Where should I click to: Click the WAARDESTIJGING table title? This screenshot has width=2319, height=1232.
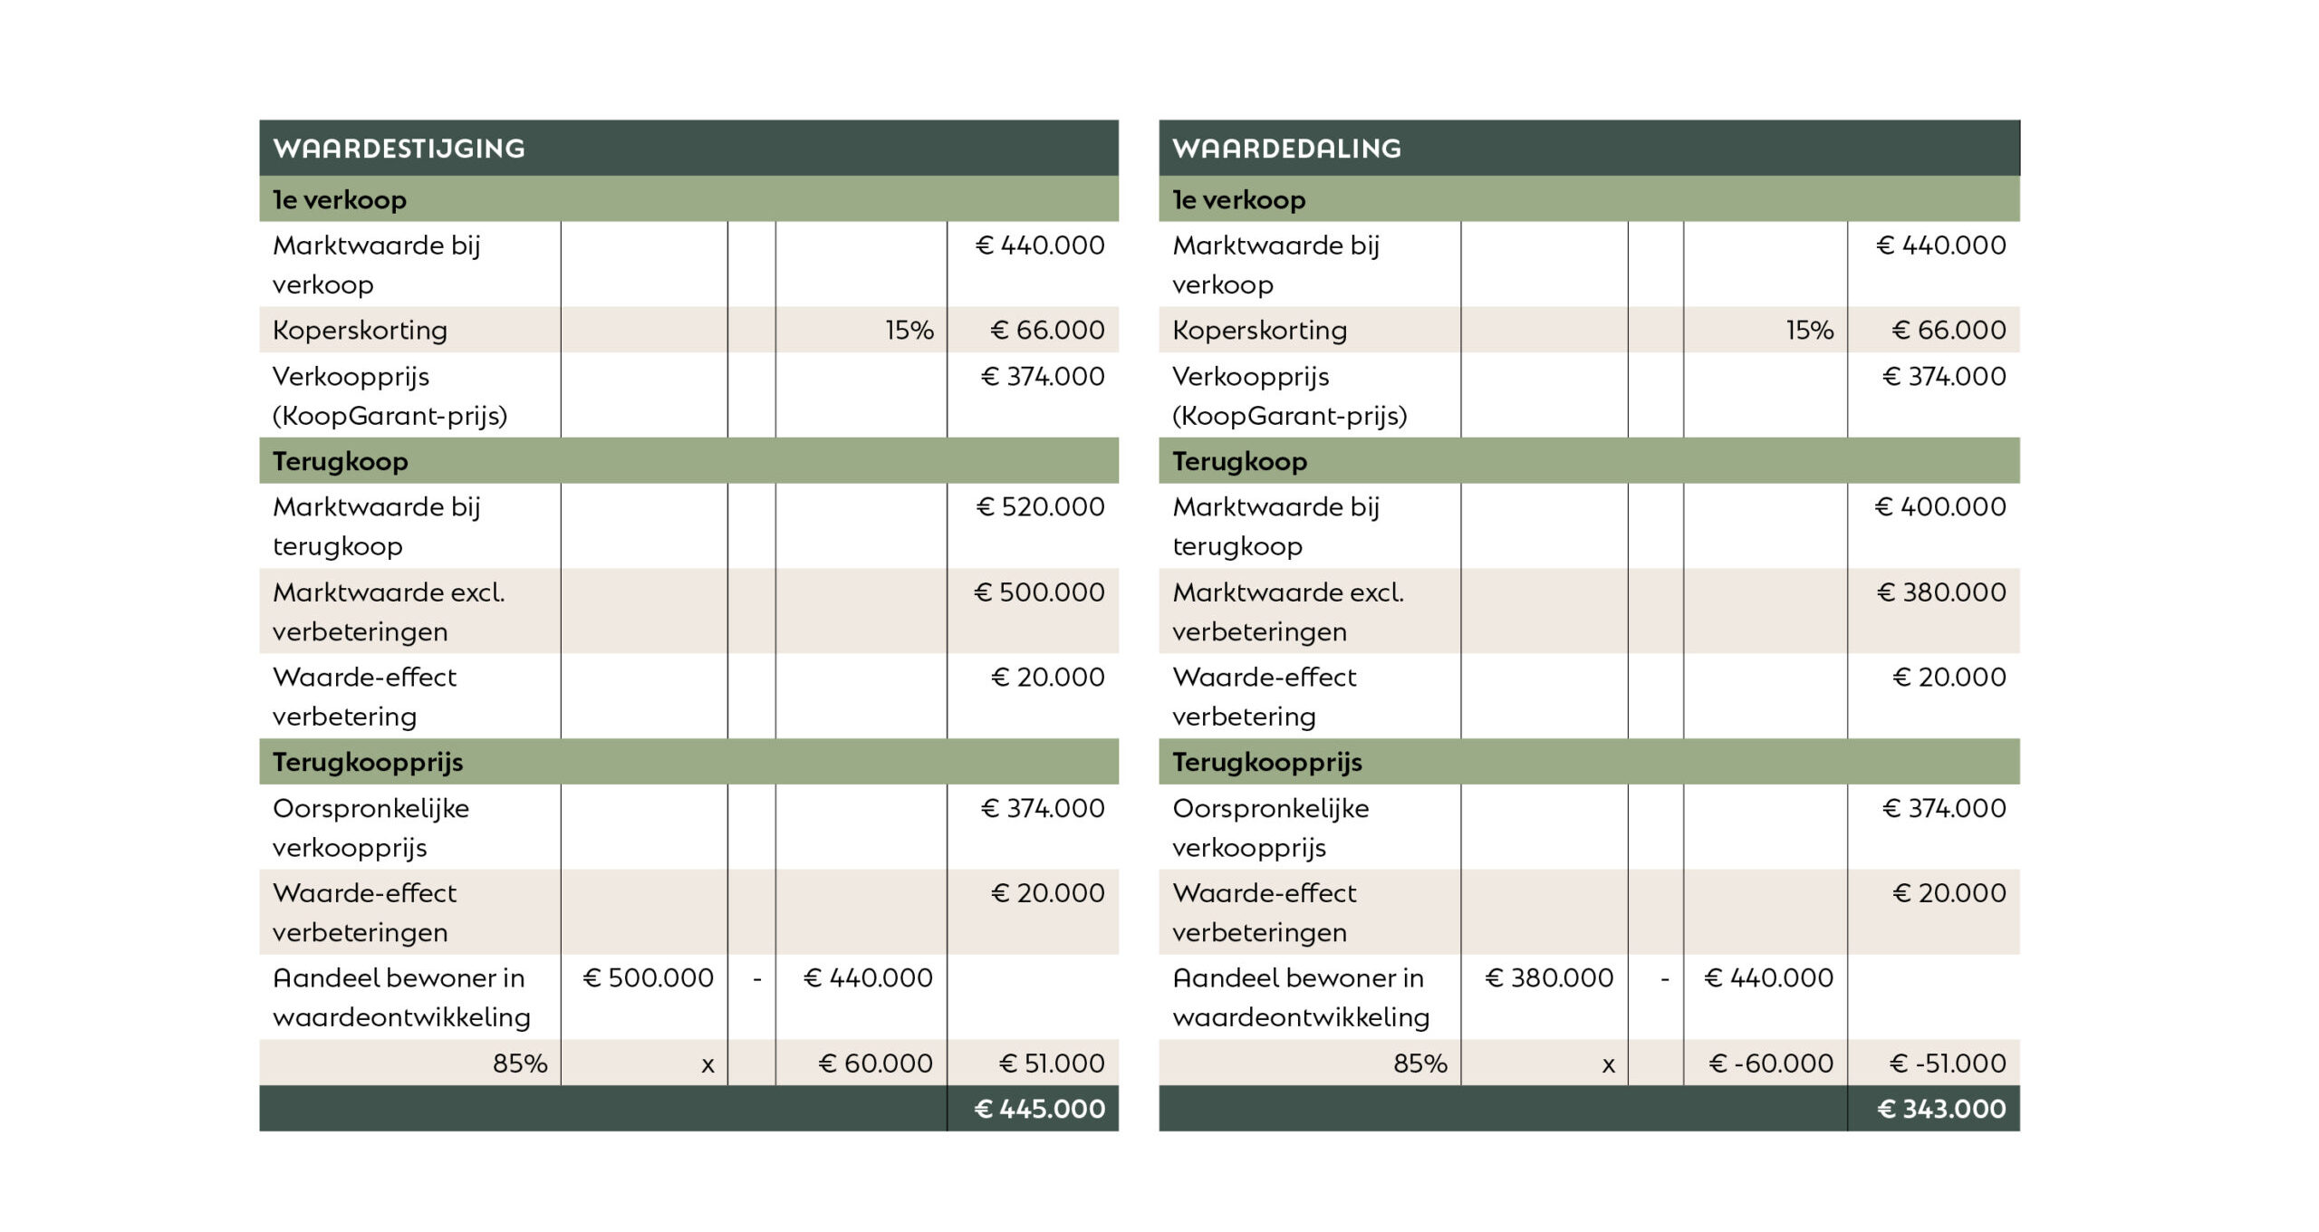(x=399, y=149)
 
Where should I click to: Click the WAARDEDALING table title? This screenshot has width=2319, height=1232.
(x=1286, y=149)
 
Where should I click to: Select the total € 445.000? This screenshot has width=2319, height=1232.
(x=1039, y=1109)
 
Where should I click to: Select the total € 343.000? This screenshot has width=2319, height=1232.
(x=1941, y=1109)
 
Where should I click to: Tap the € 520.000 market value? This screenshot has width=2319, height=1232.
(x=1040, y=507)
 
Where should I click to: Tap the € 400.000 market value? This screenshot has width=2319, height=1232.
(x=1940, y=507)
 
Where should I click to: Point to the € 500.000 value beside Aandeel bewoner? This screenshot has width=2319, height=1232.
(x=648, y=978)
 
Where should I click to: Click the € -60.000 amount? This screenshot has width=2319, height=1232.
(x=1770, y=1064)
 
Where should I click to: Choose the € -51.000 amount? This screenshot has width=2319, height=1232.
(x=1948, y=1064)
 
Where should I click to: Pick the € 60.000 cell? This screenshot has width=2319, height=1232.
(x=875, y=1064)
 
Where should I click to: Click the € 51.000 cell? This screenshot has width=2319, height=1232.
(x=1051, y=1064)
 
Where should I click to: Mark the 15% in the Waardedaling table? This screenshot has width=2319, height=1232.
(x=1809, y=331)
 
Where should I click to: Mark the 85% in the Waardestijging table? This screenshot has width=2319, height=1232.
(x=519, y=1064)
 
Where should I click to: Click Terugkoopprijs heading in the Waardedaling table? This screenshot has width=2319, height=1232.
(x=1266, y=763)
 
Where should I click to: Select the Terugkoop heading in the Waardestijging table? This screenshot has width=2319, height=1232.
(x=340, y=462)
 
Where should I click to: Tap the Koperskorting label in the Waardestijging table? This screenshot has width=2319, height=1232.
(x=360, y=331)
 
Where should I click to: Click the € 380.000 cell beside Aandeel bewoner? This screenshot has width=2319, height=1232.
(x=1549, y=978)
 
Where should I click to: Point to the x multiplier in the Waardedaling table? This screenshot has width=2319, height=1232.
(x=1608, y=1065)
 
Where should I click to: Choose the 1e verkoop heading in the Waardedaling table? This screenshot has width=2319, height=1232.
(x=1238, y=200)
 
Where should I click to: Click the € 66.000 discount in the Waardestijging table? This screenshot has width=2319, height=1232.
(x=1047, y=331)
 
